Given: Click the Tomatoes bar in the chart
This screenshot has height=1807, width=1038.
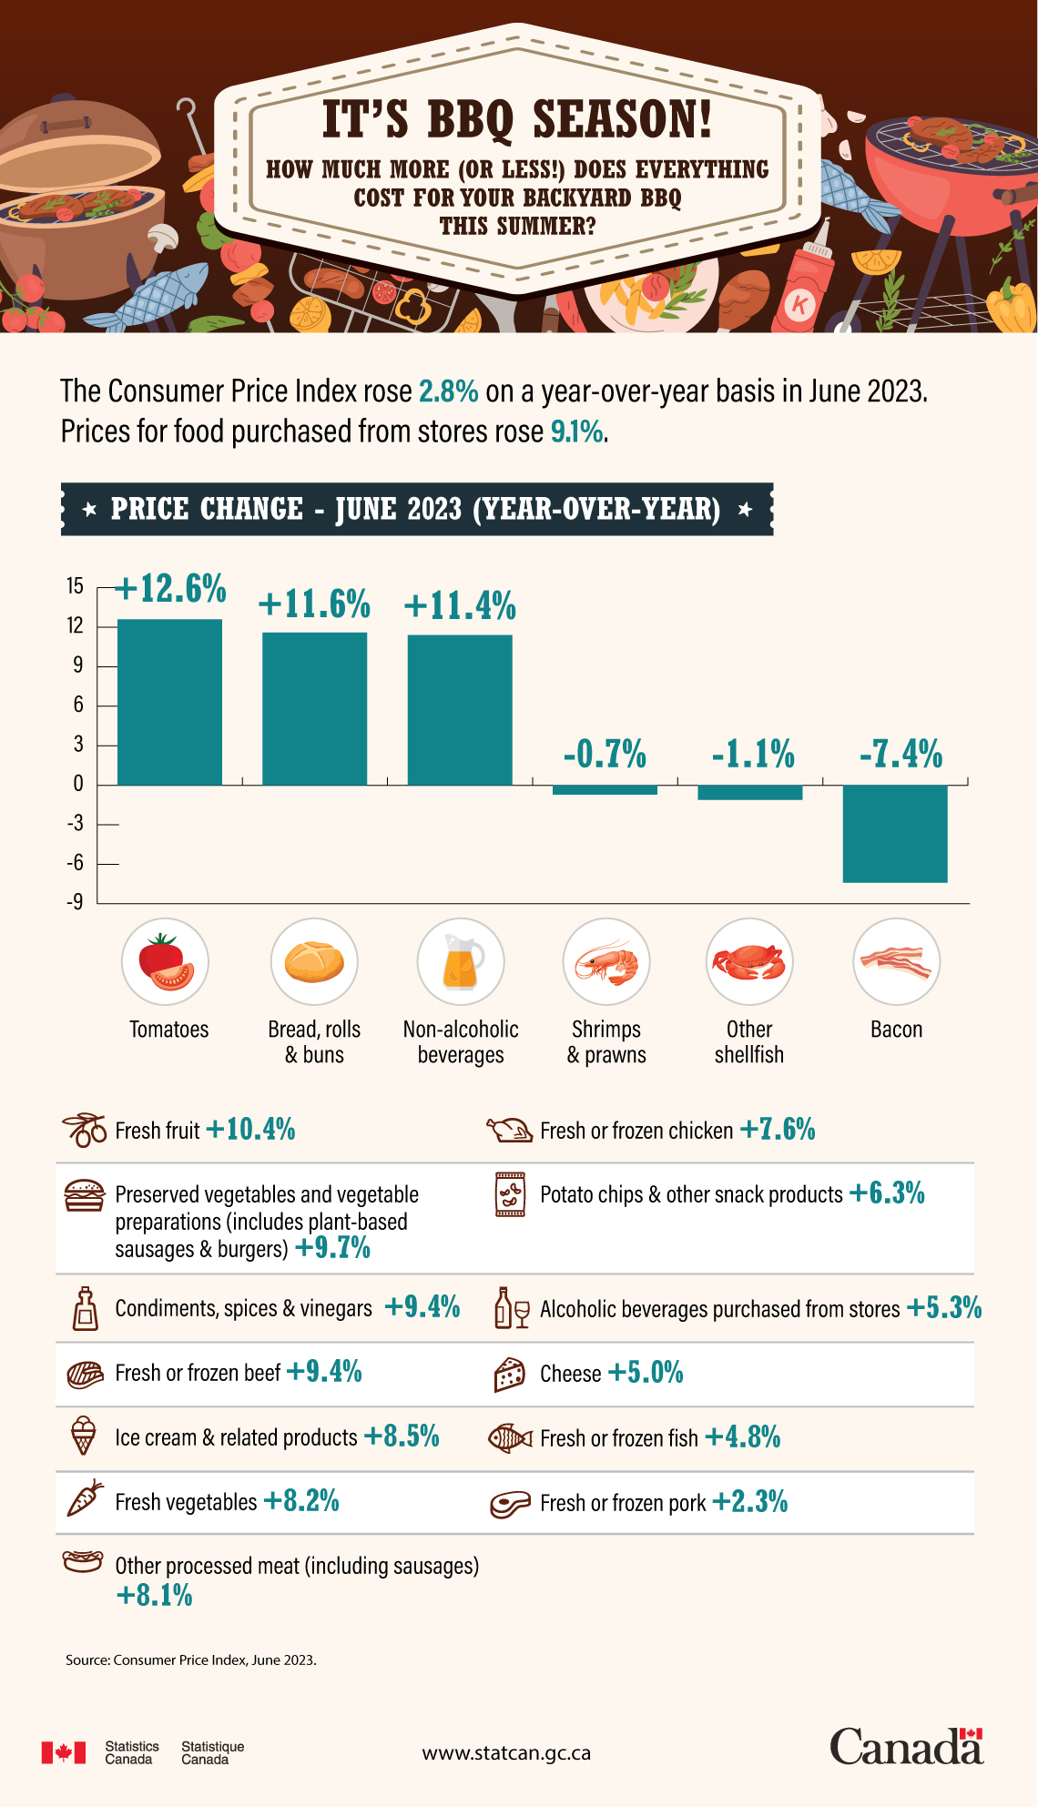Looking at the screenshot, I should [x=170, y=702].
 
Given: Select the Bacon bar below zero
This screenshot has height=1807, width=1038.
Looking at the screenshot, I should [x=895, y=833].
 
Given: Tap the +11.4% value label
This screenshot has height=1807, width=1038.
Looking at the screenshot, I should [x=460, y=605].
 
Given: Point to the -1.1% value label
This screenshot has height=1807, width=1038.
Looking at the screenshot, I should [x=753, y=755].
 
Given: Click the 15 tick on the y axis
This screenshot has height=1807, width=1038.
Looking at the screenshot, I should [x=75, y=586].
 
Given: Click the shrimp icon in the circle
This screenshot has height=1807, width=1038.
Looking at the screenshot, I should [x=606, y=963].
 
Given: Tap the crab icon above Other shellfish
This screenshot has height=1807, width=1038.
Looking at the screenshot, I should [x=749, y=962].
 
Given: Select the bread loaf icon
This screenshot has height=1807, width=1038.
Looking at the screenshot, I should [x=314, y=962].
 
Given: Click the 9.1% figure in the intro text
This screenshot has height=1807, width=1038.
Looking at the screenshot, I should [x=577, y=431].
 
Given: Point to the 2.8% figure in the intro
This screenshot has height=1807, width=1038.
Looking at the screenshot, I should [x=448, y=391].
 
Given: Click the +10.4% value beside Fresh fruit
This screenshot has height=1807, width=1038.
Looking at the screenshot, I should [x=251, y=1130].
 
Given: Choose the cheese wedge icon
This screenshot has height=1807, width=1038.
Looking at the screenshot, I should [x=510, y=1375].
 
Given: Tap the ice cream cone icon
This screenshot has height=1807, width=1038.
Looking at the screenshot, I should [x=83, y=1436].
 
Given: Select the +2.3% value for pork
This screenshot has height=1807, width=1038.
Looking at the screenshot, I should [x=749, y=1501].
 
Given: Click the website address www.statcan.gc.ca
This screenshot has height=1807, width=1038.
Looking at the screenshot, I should [x=506, y=1752].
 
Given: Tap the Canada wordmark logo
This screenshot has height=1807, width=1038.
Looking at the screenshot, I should [x=906, y=1747].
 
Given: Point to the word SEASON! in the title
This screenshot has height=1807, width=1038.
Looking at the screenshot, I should [x=621, y=119].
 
